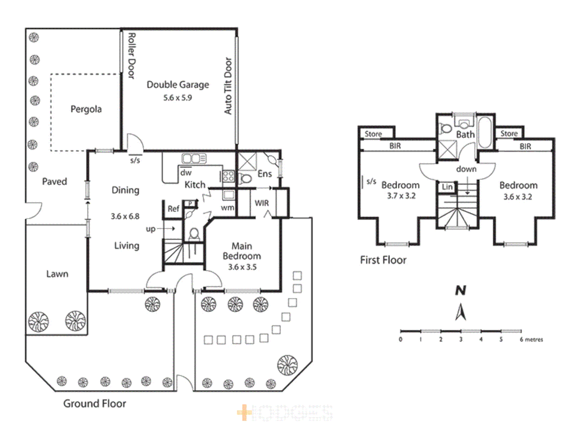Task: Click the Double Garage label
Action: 178,85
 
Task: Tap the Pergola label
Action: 86,109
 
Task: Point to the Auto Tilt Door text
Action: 228,86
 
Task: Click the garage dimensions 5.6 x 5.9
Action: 178,98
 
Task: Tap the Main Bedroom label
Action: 241,251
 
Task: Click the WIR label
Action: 262,203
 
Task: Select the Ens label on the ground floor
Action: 264,174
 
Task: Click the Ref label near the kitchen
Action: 173,208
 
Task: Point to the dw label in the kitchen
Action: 186,173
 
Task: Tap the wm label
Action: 227,207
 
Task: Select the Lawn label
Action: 57,274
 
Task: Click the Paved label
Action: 54,182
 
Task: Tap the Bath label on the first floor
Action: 465,135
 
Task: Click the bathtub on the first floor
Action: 485,132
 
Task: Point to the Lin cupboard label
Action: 447,187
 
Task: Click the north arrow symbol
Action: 460,311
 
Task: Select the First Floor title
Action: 383,260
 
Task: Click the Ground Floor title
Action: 95,403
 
